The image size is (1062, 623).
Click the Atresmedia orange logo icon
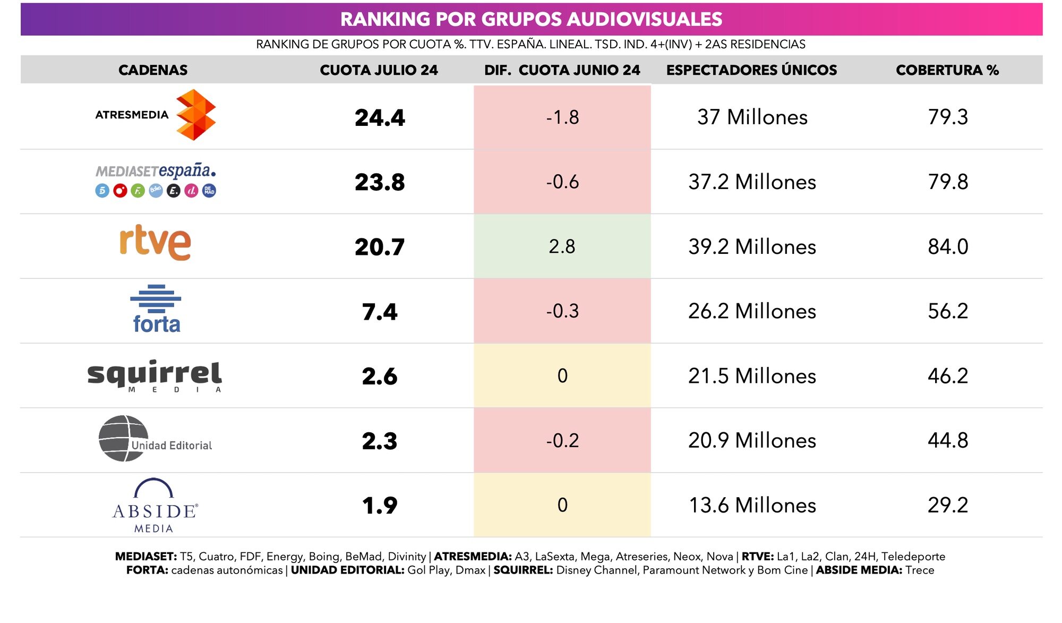click(x=195, y=115)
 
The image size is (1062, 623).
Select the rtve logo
click(x=155, y=242)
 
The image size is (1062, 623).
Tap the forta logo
click(x=156, y=309)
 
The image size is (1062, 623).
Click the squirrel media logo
click(x=155, y=375)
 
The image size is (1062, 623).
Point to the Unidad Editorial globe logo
click(x=124, y=438)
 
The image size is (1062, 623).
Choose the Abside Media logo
click(x=155, y=505)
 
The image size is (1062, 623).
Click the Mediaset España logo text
click(x=156, y=171)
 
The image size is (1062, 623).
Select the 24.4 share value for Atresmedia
click(x=380, y=117)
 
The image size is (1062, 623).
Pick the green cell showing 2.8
click(x=562, y=246)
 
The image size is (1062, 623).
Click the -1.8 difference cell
click(x=562, y=117)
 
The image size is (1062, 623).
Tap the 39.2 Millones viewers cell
click(x=752, y=246)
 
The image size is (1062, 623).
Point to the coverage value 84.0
click(x=948, y=246)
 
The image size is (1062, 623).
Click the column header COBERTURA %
click(x=947, y=70)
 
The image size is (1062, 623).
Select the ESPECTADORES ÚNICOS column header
click(x=751, y=70)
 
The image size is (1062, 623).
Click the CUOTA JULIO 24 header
click(x=379, y=70)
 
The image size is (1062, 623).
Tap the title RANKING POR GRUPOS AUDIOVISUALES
click(x=531, y=19)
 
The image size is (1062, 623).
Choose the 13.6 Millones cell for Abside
click(x=752, y=505)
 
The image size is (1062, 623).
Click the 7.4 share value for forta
click(x=380, y=312)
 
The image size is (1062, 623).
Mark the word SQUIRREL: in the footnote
click(x=523, y=570)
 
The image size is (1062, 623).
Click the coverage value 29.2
click(x=948, y=505)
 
